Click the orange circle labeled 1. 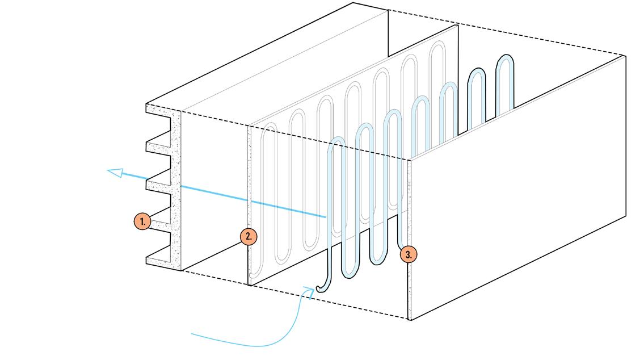pos(142,221)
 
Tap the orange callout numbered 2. pos(249,236)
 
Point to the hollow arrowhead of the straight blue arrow pos(116,173)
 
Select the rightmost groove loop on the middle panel pos(437,48)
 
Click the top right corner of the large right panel pos(625,56)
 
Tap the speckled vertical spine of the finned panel pos(176,187)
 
